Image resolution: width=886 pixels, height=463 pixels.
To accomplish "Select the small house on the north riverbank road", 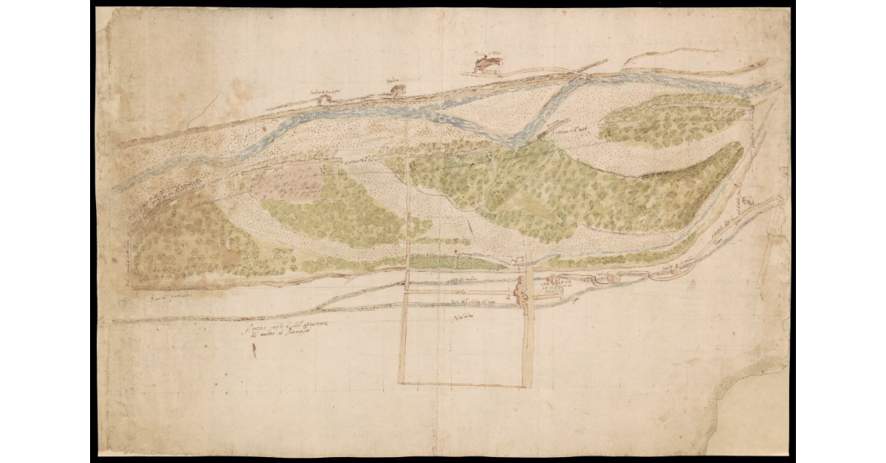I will (x=398, y=91).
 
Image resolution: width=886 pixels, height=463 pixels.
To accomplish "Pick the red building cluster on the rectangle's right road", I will (x=521, y=293).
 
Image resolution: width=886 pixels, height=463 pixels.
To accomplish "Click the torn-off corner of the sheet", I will (x=753, y=413).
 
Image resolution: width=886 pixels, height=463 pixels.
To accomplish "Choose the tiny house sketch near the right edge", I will (x=746, y=201).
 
